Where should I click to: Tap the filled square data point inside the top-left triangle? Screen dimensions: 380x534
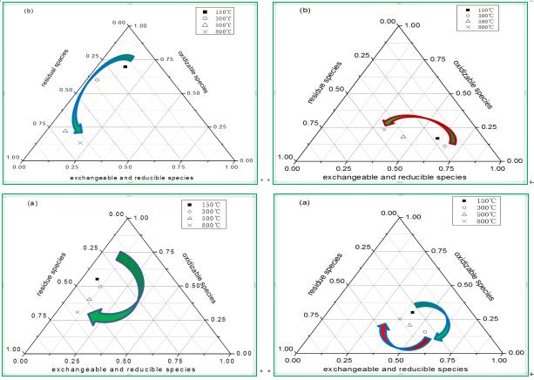click(x=125, y=66)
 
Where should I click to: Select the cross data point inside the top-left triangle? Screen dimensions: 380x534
click(x=80, y=143)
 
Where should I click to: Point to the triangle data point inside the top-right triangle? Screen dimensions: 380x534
click(x=403, y=137)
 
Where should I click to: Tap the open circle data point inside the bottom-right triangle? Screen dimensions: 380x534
click(x=425, y=332)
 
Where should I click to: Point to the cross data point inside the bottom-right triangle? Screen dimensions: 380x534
click(x=400, y=320)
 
